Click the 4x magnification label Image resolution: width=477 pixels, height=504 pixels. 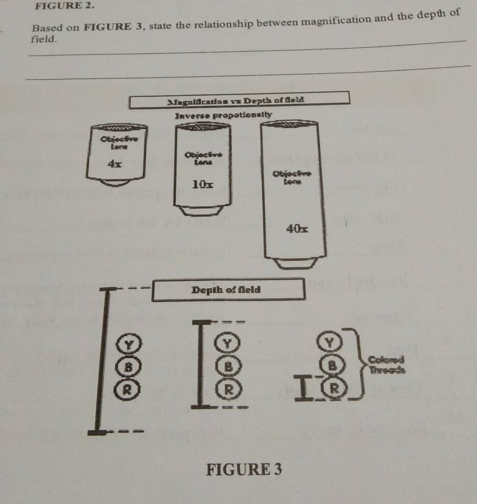pos(115,164)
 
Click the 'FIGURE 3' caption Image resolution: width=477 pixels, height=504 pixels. pos(244,470)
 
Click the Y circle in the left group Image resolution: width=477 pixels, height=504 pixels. pos(130,346)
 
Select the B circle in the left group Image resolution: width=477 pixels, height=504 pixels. pos(127,366)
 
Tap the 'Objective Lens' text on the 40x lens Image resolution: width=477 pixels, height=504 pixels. pos(297,177)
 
